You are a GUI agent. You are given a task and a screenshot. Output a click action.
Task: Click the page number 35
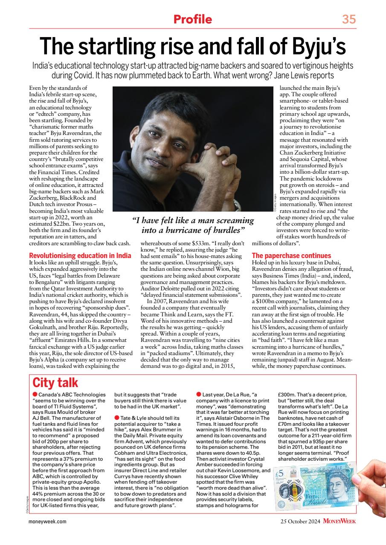click(x=348, y=19)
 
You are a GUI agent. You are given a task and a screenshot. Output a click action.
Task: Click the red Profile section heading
click(x=192, y=19)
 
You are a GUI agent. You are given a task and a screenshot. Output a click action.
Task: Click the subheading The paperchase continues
click(x=291, y=255)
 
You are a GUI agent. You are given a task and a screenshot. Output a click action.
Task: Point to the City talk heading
click(x=55, y=382)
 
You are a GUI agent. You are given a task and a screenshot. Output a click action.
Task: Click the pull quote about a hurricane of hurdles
click(x=193, y=225)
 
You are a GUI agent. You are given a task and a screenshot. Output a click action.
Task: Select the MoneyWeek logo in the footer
click(x=339, y=521)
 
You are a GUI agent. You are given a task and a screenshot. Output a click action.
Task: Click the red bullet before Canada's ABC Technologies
click(x=35, y=395)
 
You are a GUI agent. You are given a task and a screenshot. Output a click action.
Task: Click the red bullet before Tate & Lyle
click(x=117, y=419)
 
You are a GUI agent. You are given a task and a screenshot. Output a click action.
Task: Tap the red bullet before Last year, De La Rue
click(x=199, y=395)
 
